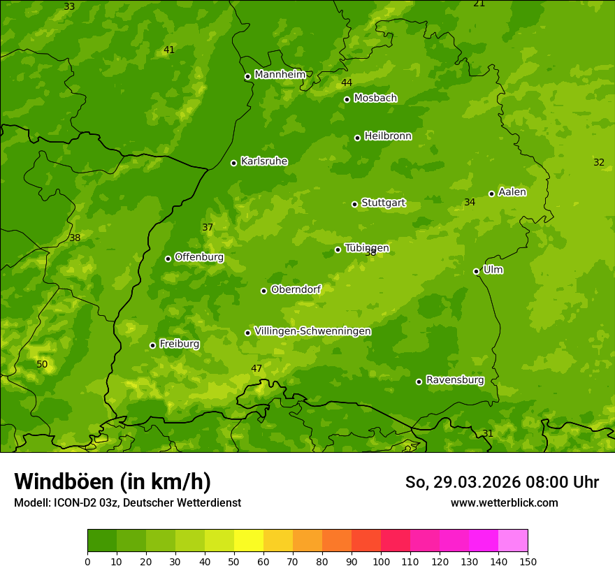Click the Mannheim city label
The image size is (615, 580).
tap(280, 75)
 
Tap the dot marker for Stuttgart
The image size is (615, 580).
tap(354, 204)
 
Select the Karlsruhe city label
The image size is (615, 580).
tap(263, 161)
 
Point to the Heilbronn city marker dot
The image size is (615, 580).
tap(357, 138)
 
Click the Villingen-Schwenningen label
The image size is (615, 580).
tap(312, 331)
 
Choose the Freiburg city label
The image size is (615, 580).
tap(179, 344)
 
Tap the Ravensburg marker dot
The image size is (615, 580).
tap(419, 382)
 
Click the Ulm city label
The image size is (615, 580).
tap(493, 270)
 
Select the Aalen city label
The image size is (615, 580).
tap(512, 192)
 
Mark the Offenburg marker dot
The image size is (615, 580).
tap(168, 259)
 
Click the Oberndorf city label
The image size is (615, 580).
tap(296, 289)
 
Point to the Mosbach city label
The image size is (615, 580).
tap(375, 99)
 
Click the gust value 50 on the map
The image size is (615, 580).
tap(42, 364)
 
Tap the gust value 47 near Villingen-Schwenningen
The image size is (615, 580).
tap(256, 368)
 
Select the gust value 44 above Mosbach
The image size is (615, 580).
tap(347, 83)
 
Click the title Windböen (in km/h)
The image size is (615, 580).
tap(113, 481)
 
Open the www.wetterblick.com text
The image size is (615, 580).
tap(504, 502)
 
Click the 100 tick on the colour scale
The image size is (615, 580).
tap(381, 561)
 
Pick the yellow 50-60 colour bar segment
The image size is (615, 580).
tap(249, 540)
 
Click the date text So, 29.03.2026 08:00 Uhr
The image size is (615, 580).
tap(502, 482)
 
